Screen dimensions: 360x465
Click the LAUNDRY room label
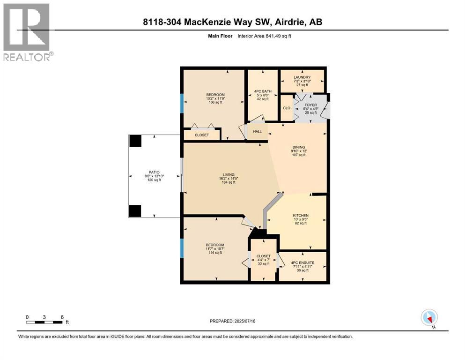pos(302,77)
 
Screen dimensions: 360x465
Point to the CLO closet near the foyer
pos(287,108)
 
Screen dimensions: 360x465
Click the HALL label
pos(257,131)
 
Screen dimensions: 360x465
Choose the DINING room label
pos(298,147)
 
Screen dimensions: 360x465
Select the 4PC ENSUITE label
pos(302,263)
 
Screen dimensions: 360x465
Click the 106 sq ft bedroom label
pos(215,95)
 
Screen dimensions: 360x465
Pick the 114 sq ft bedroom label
pos(215,245)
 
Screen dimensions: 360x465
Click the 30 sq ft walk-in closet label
pos(263,256)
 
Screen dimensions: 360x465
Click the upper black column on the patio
pos(135,141)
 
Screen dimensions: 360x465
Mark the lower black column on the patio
pos(135,211)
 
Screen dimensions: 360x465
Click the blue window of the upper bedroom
pos(182,102)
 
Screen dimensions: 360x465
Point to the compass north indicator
pos(429,318)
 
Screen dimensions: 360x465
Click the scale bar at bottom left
pos(44,322)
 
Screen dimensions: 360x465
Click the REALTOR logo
pos(27,32)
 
